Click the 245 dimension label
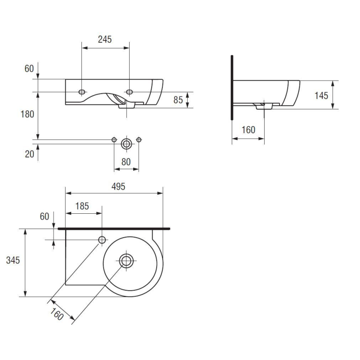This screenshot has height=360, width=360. pos(105,40)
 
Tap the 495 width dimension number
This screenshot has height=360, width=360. pos(118,187)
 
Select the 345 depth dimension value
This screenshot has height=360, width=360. pos(13,261)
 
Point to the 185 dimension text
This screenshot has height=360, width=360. pos(82,206)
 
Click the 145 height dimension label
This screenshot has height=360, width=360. pos(321,96)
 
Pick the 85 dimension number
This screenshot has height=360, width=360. pos(178,100)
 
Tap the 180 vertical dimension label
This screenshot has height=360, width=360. pos(27,114)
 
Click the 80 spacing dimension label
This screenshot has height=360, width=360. pos(126,162)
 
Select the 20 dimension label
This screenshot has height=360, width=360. pos(29,154)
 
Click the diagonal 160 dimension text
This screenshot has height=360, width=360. pos(57,314)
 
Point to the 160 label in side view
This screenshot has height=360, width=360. pos(248,130)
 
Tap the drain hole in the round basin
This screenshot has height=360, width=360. pos(126,261)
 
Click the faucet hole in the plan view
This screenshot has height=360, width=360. pos(102,240)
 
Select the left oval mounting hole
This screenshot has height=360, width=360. pos(82,92)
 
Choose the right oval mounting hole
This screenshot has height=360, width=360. pos(129,92)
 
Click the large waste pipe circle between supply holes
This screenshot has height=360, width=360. pos(126,144)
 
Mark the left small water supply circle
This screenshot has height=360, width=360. pos(114,139)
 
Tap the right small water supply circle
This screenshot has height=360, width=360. pos(139,139)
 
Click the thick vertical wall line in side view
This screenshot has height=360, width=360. pos(232,87)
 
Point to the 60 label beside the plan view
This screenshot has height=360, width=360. pos(44,216)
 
